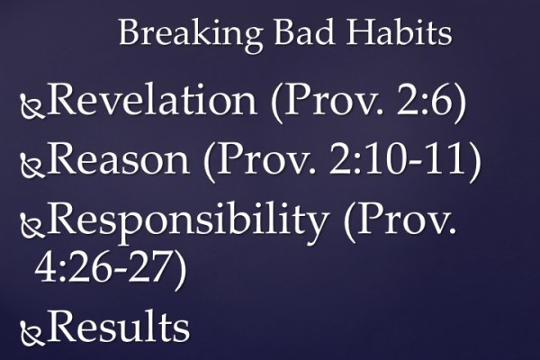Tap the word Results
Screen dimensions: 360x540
click(119, 327)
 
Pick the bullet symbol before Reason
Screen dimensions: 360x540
click(32, 166)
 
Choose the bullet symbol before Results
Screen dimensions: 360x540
click(32, 333)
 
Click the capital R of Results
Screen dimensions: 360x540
click(63, 327)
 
